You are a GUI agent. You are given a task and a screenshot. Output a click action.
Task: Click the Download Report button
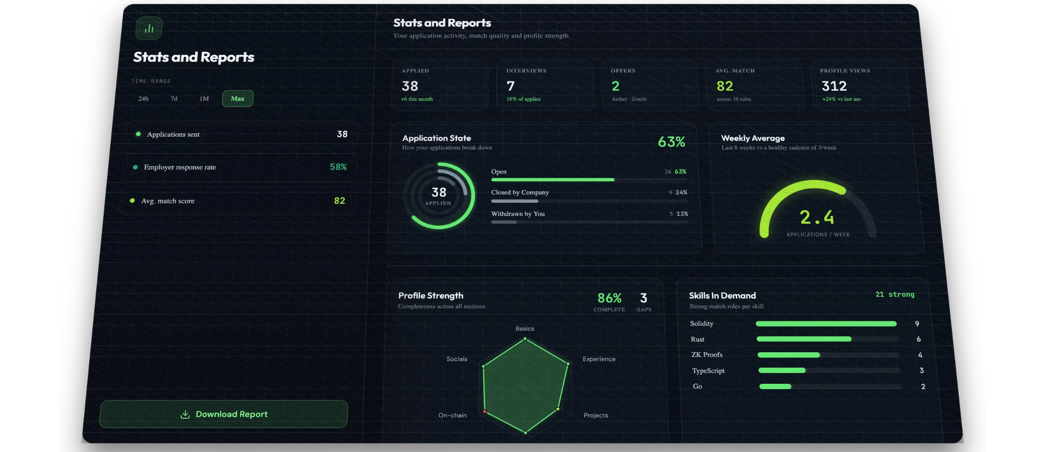click(x=223, y=414)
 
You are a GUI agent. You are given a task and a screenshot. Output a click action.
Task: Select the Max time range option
click(x=237, y=98)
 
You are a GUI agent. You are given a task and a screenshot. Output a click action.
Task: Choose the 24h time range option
click(x=143, y=98)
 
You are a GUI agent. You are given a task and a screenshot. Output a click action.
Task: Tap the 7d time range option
click(x=174, y=98)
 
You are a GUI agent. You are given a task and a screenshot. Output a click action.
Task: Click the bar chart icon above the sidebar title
click(x=149, y=28)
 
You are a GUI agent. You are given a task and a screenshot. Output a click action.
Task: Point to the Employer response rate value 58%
click(x=338, y=167)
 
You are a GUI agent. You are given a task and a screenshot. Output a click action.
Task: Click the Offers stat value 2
click(x=615, y=86)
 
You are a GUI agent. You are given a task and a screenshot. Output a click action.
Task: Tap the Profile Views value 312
click(x=834, y=86)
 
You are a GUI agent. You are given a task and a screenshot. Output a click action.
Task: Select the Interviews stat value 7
click(x=510, y=86)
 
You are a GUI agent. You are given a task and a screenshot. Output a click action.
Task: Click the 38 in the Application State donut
click(x=439, y=192)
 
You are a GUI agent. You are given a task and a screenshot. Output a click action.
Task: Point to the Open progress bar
click(x=553, y=180)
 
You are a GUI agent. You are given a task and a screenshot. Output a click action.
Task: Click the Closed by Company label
click(x=520, y=192)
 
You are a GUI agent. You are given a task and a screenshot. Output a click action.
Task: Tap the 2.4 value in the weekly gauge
click(x=817, y=217)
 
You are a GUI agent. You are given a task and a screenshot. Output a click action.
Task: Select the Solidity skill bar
click(x=826, y=324)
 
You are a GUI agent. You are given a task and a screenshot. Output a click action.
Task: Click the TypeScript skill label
click(x=708, y=371)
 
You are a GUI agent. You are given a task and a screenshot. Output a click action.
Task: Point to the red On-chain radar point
click(x=485, y=412)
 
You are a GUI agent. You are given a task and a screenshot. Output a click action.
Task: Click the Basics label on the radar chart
click(x=525, y=329)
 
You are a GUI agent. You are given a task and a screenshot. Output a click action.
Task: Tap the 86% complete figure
click(x=610, y=298)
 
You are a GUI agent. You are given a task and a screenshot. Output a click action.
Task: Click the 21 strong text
click(x=895, y=295)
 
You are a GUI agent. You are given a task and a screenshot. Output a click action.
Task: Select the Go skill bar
click(x=775, y=387)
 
